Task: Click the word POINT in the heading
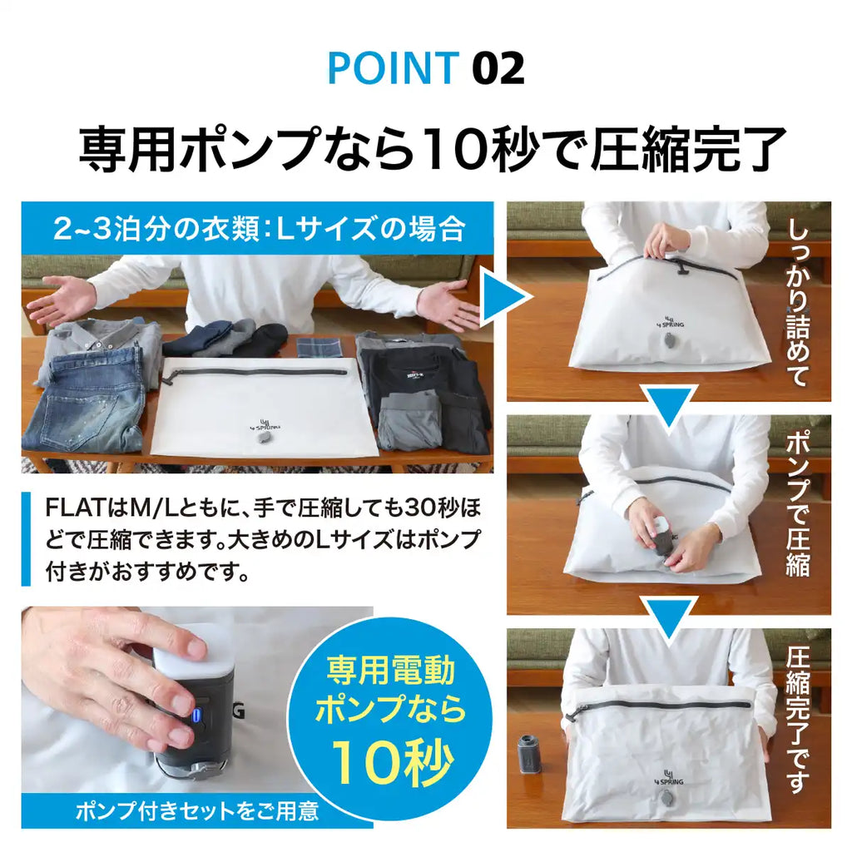(393, 68)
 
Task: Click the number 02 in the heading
(498, 68)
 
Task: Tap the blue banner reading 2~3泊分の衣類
(257, 226)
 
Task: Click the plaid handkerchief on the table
(319, 345)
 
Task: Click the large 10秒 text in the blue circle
(391, 758)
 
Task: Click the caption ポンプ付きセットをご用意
(196, 811)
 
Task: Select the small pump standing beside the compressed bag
(530, 754)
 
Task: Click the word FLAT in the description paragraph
(74, 507)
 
